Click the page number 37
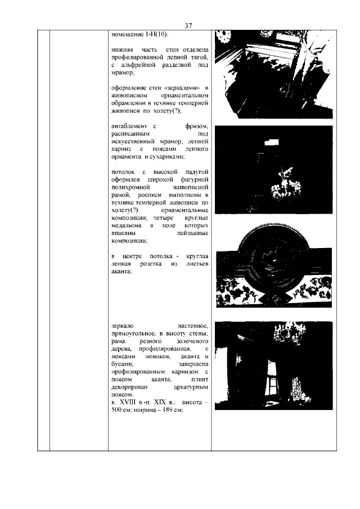188,25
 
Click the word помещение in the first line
127,35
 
